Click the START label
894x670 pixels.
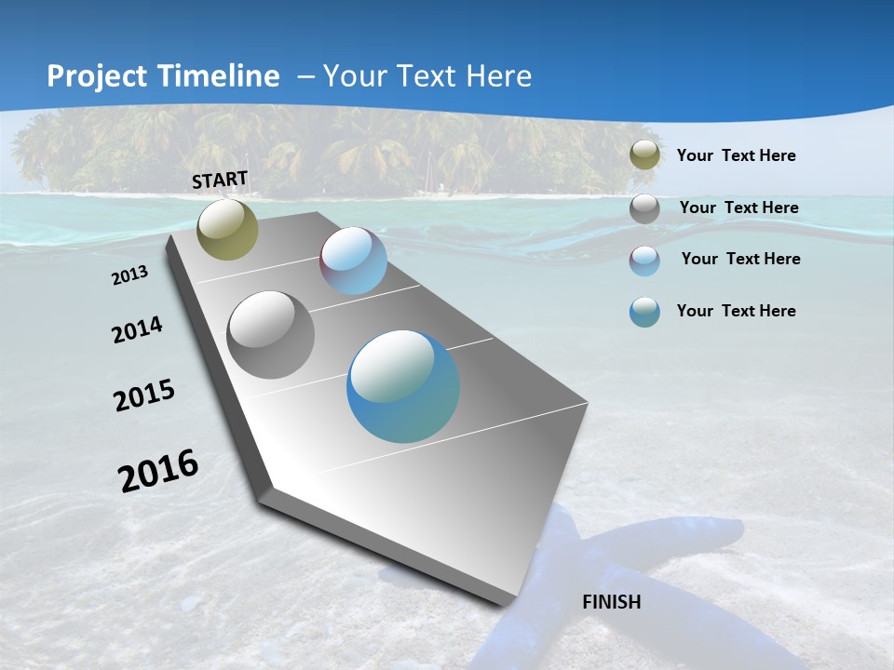[220, 180]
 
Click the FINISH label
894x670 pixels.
[611, 602]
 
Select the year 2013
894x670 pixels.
[130, 275]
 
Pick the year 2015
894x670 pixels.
[144, 395]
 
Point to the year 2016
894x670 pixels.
[158, 471]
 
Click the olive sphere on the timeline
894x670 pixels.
[227, 230]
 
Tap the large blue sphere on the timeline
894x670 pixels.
[402, 386]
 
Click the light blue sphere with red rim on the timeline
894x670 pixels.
[353, 261]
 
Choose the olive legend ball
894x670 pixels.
[644, 155]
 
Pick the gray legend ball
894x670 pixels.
[644, 208]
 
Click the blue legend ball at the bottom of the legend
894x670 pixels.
[644, 312]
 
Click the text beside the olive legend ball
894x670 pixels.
[736, 155]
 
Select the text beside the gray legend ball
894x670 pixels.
[738, 208]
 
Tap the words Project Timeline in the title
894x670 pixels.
[163, 76]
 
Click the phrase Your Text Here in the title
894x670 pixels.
[427, 76]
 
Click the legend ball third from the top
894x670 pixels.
[644, 261]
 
